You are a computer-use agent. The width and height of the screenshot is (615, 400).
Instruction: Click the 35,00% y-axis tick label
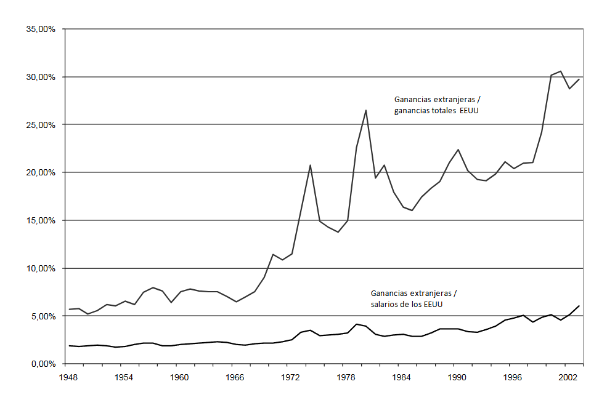pyautogui.click(x=40, y=29)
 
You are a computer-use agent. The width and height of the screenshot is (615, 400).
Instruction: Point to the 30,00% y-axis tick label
pyautogui.click(x=40, y=77)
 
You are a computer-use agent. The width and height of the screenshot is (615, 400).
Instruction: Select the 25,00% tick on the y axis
pyautogui.click(x=40, y=125)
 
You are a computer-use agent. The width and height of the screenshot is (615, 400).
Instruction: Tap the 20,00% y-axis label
pyautogui.click(x=40, y=173)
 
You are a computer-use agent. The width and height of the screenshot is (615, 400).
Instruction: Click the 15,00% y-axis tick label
pyautogui.click(x=40, y=220)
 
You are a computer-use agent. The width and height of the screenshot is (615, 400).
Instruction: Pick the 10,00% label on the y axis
pyautogui.click(x=40, y=268)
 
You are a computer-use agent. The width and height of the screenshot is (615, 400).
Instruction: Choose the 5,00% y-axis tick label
pyautogui.click(x=42, y=316)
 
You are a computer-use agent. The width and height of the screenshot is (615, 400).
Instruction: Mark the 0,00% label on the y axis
pyautogui.click(x=42, y=364)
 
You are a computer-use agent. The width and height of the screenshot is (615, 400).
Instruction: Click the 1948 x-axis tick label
pyautogui.click(x=68, y=376)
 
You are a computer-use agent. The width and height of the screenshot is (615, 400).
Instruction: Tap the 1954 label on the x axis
pyautogui.click(x=123, y=376)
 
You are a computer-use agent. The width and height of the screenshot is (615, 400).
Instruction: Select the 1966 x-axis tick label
pyautogui.click(x=234, y=376)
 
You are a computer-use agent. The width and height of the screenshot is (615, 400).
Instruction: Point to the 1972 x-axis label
pyautogui.click(x=290, y=376)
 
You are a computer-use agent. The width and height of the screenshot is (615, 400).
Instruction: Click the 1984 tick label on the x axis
pyautogui.click(x=401, y=376)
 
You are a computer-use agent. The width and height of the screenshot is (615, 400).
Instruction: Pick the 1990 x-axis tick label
pyautogui.click(x=457, y=376)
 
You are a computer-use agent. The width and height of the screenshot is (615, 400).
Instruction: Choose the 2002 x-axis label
pyautogui.click(x=568, y=376)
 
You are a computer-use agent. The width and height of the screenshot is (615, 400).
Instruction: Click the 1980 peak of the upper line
pyautogui.click(x=366, y=110)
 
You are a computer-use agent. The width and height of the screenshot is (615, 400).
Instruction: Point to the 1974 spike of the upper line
pyautogui.click(x=311, y=165)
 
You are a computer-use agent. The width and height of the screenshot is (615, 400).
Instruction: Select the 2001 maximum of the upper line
pyautogui.click(x=560, y=71)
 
